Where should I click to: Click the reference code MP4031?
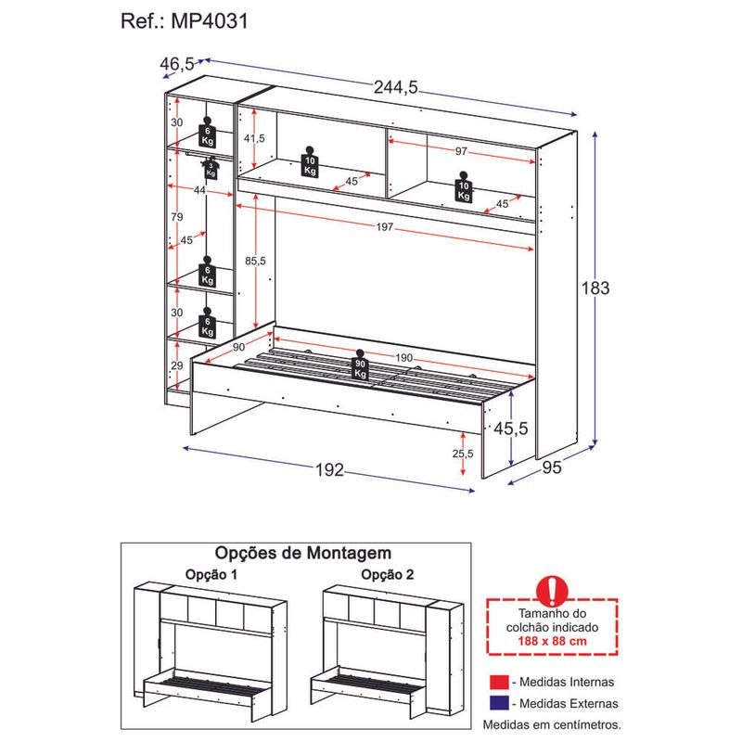(210, 21)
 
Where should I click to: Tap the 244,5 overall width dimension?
(396, 87)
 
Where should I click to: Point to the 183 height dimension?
(595, 288)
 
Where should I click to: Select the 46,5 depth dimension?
(177, 63)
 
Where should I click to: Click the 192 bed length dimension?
(330, 469)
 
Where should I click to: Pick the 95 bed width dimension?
(552, 467)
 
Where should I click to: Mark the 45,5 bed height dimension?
(511, 429)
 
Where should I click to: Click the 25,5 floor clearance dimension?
(462, 454)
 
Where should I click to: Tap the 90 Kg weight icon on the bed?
(360, 365)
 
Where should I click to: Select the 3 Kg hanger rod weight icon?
(211, 168)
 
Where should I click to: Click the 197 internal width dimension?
(385, 226)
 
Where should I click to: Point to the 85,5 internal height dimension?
(255, 261)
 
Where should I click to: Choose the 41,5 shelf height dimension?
(254, 138)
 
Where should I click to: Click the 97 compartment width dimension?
(461, 151)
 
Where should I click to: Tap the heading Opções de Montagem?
(303, 553)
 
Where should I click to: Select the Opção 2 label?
(387, 574)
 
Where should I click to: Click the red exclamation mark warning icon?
(552, 590)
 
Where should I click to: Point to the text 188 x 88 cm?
(552, 641)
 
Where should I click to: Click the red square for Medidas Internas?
(499, 682)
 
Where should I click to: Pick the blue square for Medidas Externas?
(499, 703)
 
